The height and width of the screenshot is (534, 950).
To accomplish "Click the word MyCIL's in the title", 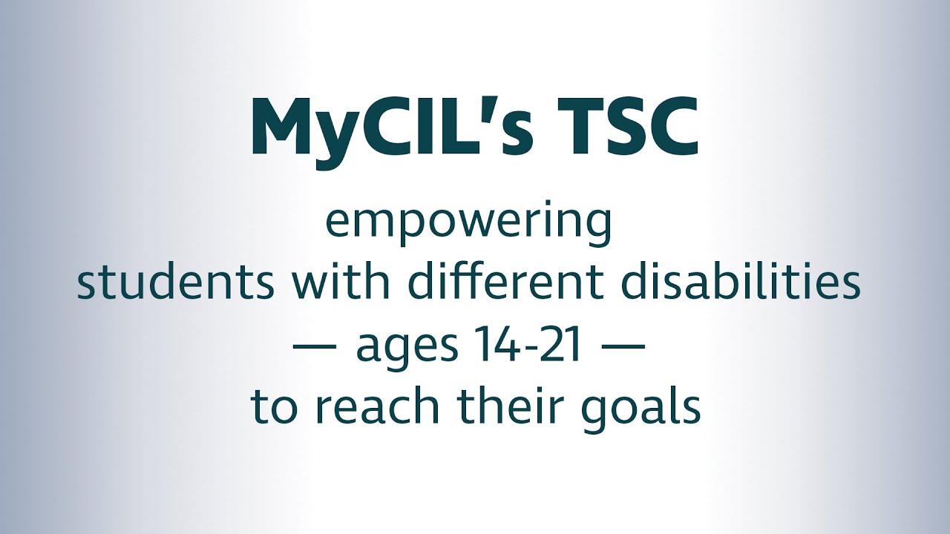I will pyautogui.click(x=391, y=127).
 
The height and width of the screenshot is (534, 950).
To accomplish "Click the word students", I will pyautogui.click(x=163, y=284).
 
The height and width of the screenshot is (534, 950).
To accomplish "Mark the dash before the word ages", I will pyautogui.click(x=320, y=347).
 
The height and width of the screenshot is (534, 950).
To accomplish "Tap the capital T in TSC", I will pyautogui.click(x=571, y=127).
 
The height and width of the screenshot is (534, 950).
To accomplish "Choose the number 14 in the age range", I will pyautogui.click(x=489, y=346).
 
